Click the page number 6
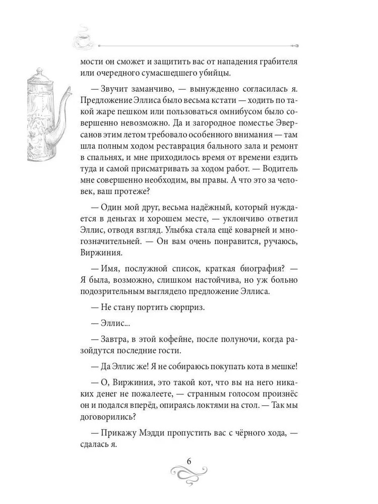pos(188,462)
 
